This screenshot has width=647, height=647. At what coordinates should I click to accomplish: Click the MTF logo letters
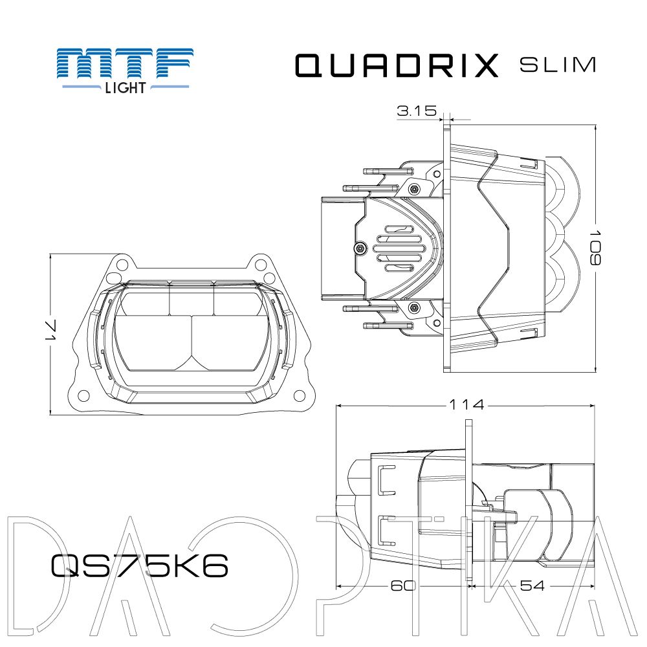pyautogui.click(x=125, y=63)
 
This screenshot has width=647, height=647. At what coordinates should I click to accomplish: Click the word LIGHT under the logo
pyautogui.click(x=126, y=88)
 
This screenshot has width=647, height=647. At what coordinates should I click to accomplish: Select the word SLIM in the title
pyautogui.click(x=558, y=65)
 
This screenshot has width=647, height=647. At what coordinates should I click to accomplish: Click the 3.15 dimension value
pyautogui.click(x=417, y=111)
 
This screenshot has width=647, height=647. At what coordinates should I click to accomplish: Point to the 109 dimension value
pyautogui.click(x=595, y=248)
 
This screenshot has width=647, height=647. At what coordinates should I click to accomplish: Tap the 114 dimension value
pyautogui.click(x=466, y=405)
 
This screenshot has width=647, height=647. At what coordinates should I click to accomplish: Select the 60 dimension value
pyautogui.click(x=403, y=586)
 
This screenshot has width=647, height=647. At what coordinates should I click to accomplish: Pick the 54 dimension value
pyautogui.click(x=532, y=586)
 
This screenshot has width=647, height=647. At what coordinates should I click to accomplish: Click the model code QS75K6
pyautogui.click(x=140, y=565)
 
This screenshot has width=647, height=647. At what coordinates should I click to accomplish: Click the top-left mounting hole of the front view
pyautogui.click(x=122, y=264)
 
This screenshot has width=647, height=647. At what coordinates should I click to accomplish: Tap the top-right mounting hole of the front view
pyautogui.click(x=259, y=264)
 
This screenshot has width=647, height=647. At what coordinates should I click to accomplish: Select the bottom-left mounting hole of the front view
pyautogui.click(x=83, y=395)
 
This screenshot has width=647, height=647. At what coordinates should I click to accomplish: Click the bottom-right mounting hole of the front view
pyautogui.click(x=299, y=396)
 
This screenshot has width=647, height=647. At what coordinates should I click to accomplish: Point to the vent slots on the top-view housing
pyautogui.click(x=399, y=248)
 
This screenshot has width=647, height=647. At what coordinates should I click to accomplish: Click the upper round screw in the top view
pyautogui.click(x=414, y=190)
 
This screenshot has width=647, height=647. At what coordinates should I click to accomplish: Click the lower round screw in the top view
pyautogui.click(x=414, y=307)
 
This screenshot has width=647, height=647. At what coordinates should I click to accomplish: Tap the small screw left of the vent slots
pyautogui.click(x=360, y=248)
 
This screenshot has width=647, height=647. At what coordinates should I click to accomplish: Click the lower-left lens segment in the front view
pyautogui.click(x=153, y=342)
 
